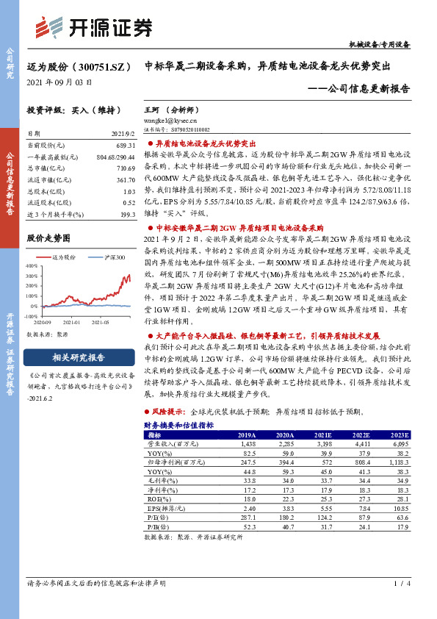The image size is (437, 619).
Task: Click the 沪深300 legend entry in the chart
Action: coord(113,257)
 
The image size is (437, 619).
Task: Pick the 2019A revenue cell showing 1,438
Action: coord(247,444)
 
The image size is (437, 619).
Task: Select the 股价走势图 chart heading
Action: coord(48,238)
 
